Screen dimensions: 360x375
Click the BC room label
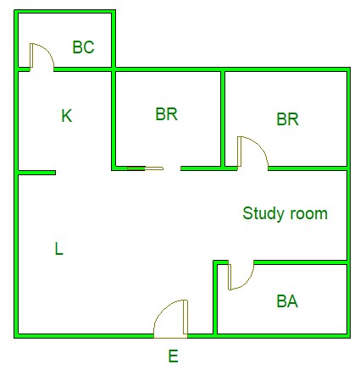pos(83,47)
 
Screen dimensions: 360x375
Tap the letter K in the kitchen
pos(67,116)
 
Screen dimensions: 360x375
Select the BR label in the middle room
pos(167,114)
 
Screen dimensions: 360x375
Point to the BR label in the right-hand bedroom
pos(287,119)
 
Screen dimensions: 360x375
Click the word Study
pos(264,213)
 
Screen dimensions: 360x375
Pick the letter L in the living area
pos(58,249)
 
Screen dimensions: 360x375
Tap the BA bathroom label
pos(287,301)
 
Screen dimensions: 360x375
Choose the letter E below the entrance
pos(174,356)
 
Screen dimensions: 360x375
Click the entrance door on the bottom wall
pos(170,319)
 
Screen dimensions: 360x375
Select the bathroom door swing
pos(241,275)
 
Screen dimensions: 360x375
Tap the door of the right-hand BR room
pos(252,153)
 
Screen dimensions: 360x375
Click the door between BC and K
pos(42,57)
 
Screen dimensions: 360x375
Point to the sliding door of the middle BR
pos(145,168)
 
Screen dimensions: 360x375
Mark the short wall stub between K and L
pos(36,173)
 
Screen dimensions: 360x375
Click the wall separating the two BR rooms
pos(223,119)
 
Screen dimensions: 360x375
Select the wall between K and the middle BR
pos(114,119)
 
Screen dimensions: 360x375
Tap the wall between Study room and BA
pos(301,262)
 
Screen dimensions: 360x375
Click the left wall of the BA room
pos(215,298)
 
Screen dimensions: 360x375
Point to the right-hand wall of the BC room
pos(114,40)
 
